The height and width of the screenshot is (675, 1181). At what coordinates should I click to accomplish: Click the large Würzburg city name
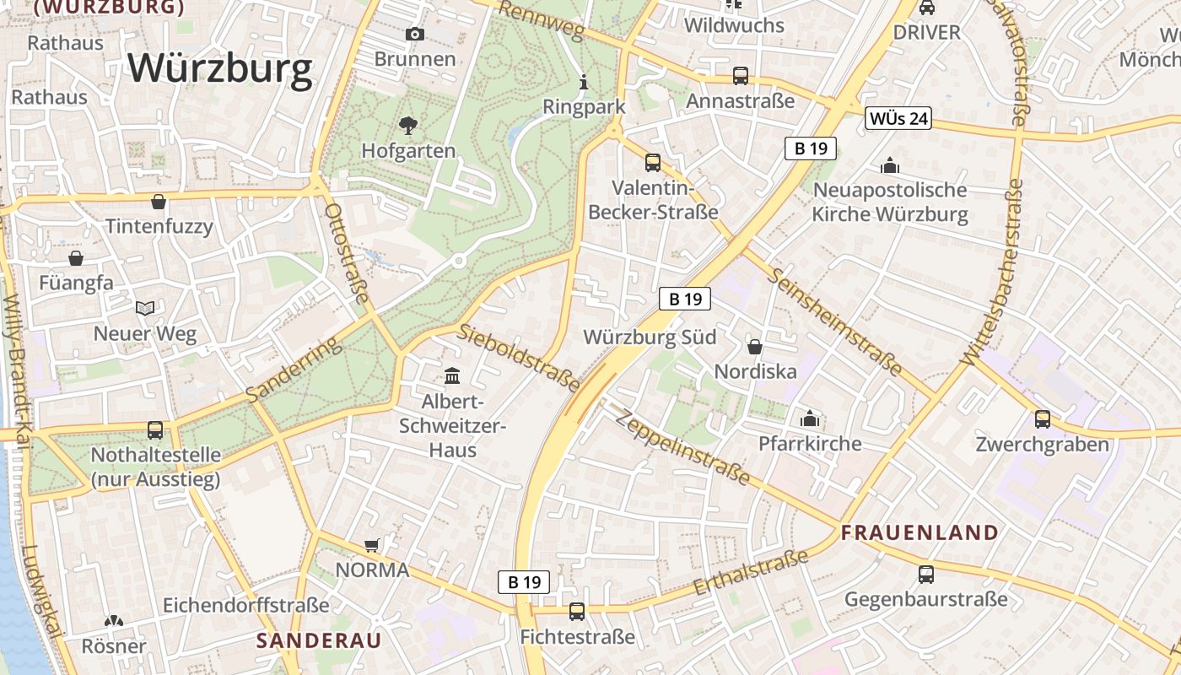pyautogui.click(x=220, y=68)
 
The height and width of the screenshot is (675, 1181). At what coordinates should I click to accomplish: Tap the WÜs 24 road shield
pyautogui.click(x=898, y=119)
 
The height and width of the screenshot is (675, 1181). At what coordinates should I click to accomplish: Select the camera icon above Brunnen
pyautogui.click(x=414, y=34)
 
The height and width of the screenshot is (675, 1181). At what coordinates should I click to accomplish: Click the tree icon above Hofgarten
pyautogui.click(x=408, y=127)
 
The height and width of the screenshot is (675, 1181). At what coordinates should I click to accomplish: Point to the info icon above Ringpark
pyautogui.click(x=584, y=83)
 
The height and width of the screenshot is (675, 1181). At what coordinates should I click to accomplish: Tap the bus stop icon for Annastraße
pyautogui.click(x=741, y=76)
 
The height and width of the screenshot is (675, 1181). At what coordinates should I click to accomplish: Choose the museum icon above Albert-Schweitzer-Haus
pyautogui.click(x=452, y=375)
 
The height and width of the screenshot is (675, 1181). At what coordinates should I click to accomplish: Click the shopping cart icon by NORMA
pyautogui.click(x=372, y=545)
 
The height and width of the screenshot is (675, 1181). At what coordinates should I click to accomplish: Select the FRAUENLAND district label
pyautogui.click(x=919, y=532)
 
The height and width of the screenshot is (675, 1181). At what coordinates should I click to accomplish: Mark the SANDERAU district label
pyautogui.click(x=319, y=640)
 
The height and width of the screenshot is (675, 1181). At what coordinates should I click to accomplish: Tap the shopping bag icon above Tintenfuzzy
pyautogui.click(x=159, y=202)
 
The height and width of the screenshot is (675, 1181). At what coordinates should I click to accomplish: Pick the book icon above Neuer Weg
pyautogui.click(x=145, y=309)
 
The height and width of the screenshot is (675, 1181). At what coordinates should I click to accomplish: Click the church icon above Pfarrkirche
pyautogui.click(x=810, y=418)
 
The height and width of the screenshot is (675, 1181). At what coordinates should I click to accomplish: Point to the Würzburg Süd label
pyautogui.click(x=650, y=337)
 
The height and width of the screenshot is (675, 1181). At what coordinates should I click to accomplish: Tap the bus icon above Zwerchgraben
pyautogui.click(x=1043, y=418)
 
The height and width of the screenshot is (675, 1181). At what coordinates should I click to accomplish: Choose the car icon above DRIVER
pyautogui.click(x=926, y=8)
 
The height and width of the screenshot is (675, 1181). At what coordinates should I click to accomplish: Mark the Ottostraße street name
pyautogui.click(x=348, y=252)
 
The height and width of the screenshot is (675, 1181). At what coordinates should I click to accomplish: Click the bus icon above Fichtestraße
pyautogui.click(x=577, y=612)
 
